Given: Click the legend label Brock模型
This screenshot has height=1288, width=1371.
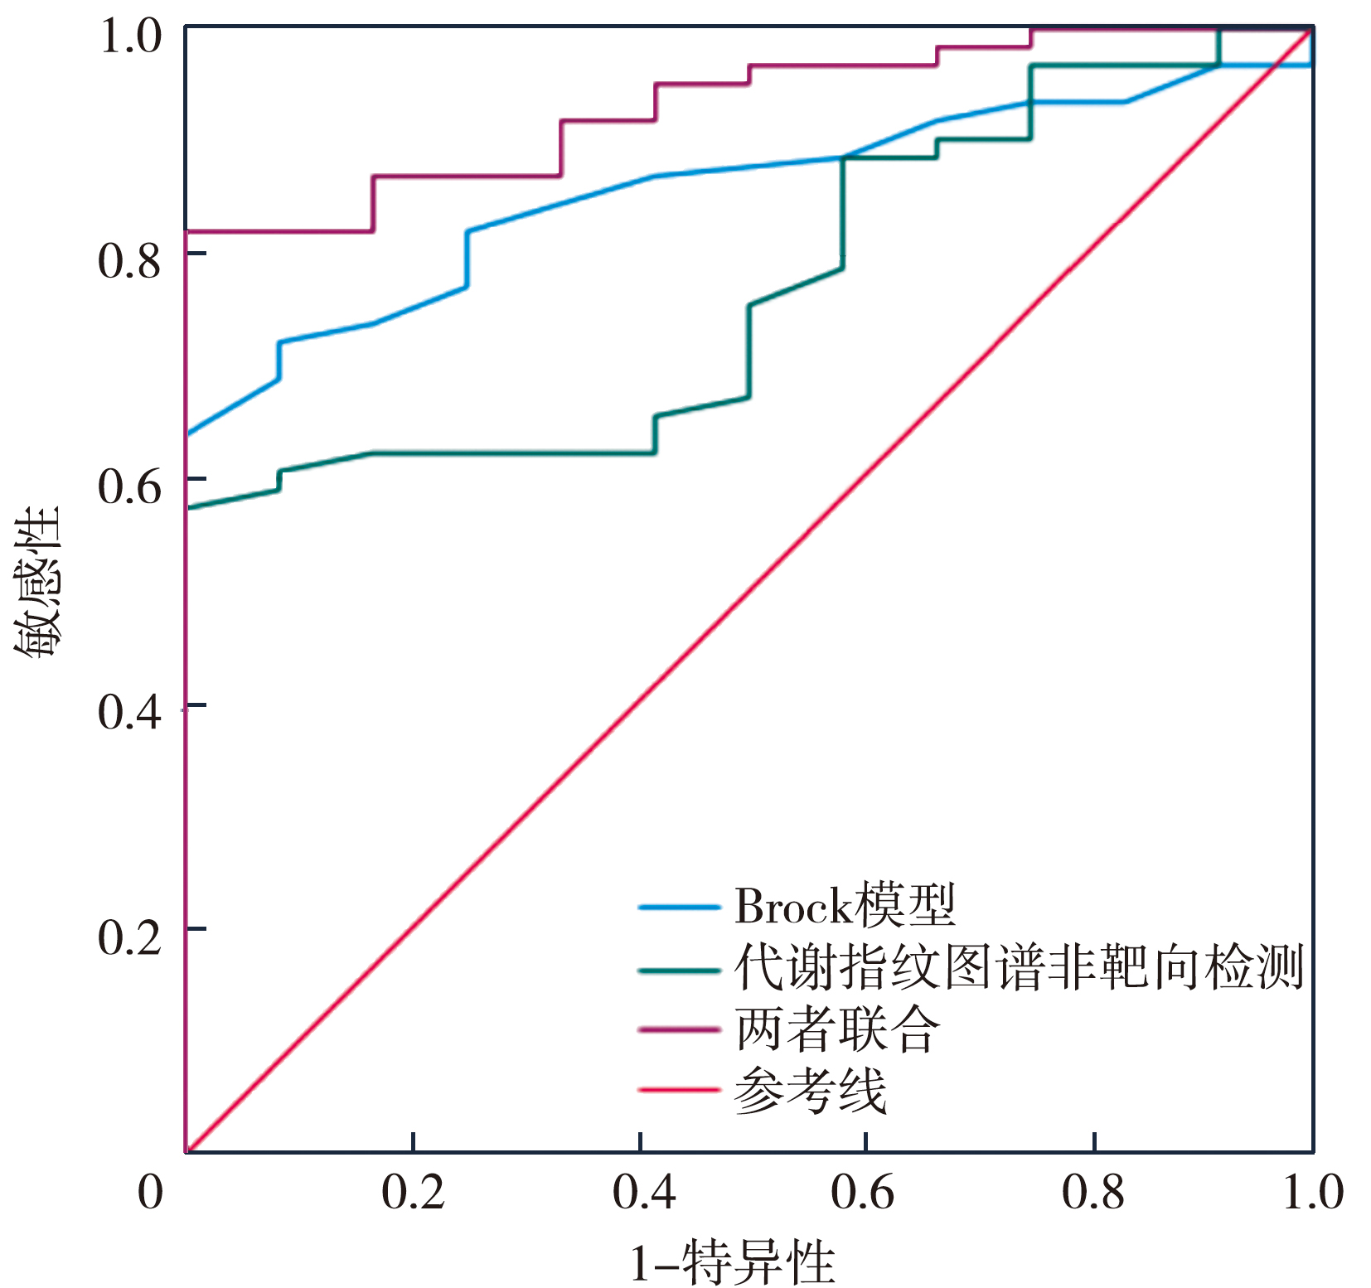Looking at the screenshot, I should point(845,906).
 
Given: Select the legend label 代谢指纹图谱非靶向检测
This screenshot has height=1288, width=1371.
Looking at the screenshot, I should point(1019,968).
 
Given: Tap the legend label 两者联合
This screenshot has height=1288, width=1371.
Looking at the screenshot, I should point(837,1029).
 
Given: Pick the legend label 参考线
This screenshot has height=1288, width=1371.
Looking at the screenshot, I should point(810,1090).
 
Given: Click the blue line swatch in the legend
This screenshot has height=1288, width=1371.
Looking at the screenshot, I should point(678,908).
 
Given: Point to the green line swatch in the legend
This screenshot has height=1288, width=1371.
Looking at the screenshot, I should point(678,970).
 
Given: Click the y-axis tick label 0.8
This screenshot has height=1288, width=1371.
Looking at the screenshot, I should point(129,261).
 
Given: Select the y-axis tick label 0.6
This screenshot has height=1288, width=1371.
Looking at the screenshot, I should point(129,487).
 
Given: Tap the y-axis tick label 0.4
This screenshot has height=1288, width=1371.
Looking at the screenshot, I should point(129,712).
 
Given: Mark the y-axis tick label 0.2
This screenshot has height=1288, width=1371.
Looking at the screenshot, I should point(129,937).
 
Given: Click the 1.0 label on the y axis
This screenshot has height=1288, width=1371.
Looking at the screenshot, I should point(129,36).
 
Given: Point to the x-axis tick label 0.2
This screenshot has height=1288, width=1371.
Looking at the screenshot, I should point(413,1193).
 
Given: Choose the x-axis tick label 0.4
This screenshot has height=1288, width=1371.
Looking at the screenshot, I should point(643,1193).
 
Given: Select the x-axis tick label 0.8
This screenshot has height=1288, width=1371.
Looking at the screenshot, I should point(1093,1193).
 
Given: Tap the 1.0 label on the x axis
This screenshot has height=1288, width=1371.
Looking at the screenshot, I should point(1313,1193).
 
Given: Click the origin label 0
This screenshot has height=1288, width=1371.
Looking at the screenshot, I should point(150,1193).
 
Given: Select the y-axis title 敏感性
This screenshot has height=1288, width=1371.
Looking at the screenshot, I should point(37,582).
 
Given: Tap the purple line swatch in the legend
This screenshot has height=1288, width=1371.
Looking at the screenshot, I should point(678,1029).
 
